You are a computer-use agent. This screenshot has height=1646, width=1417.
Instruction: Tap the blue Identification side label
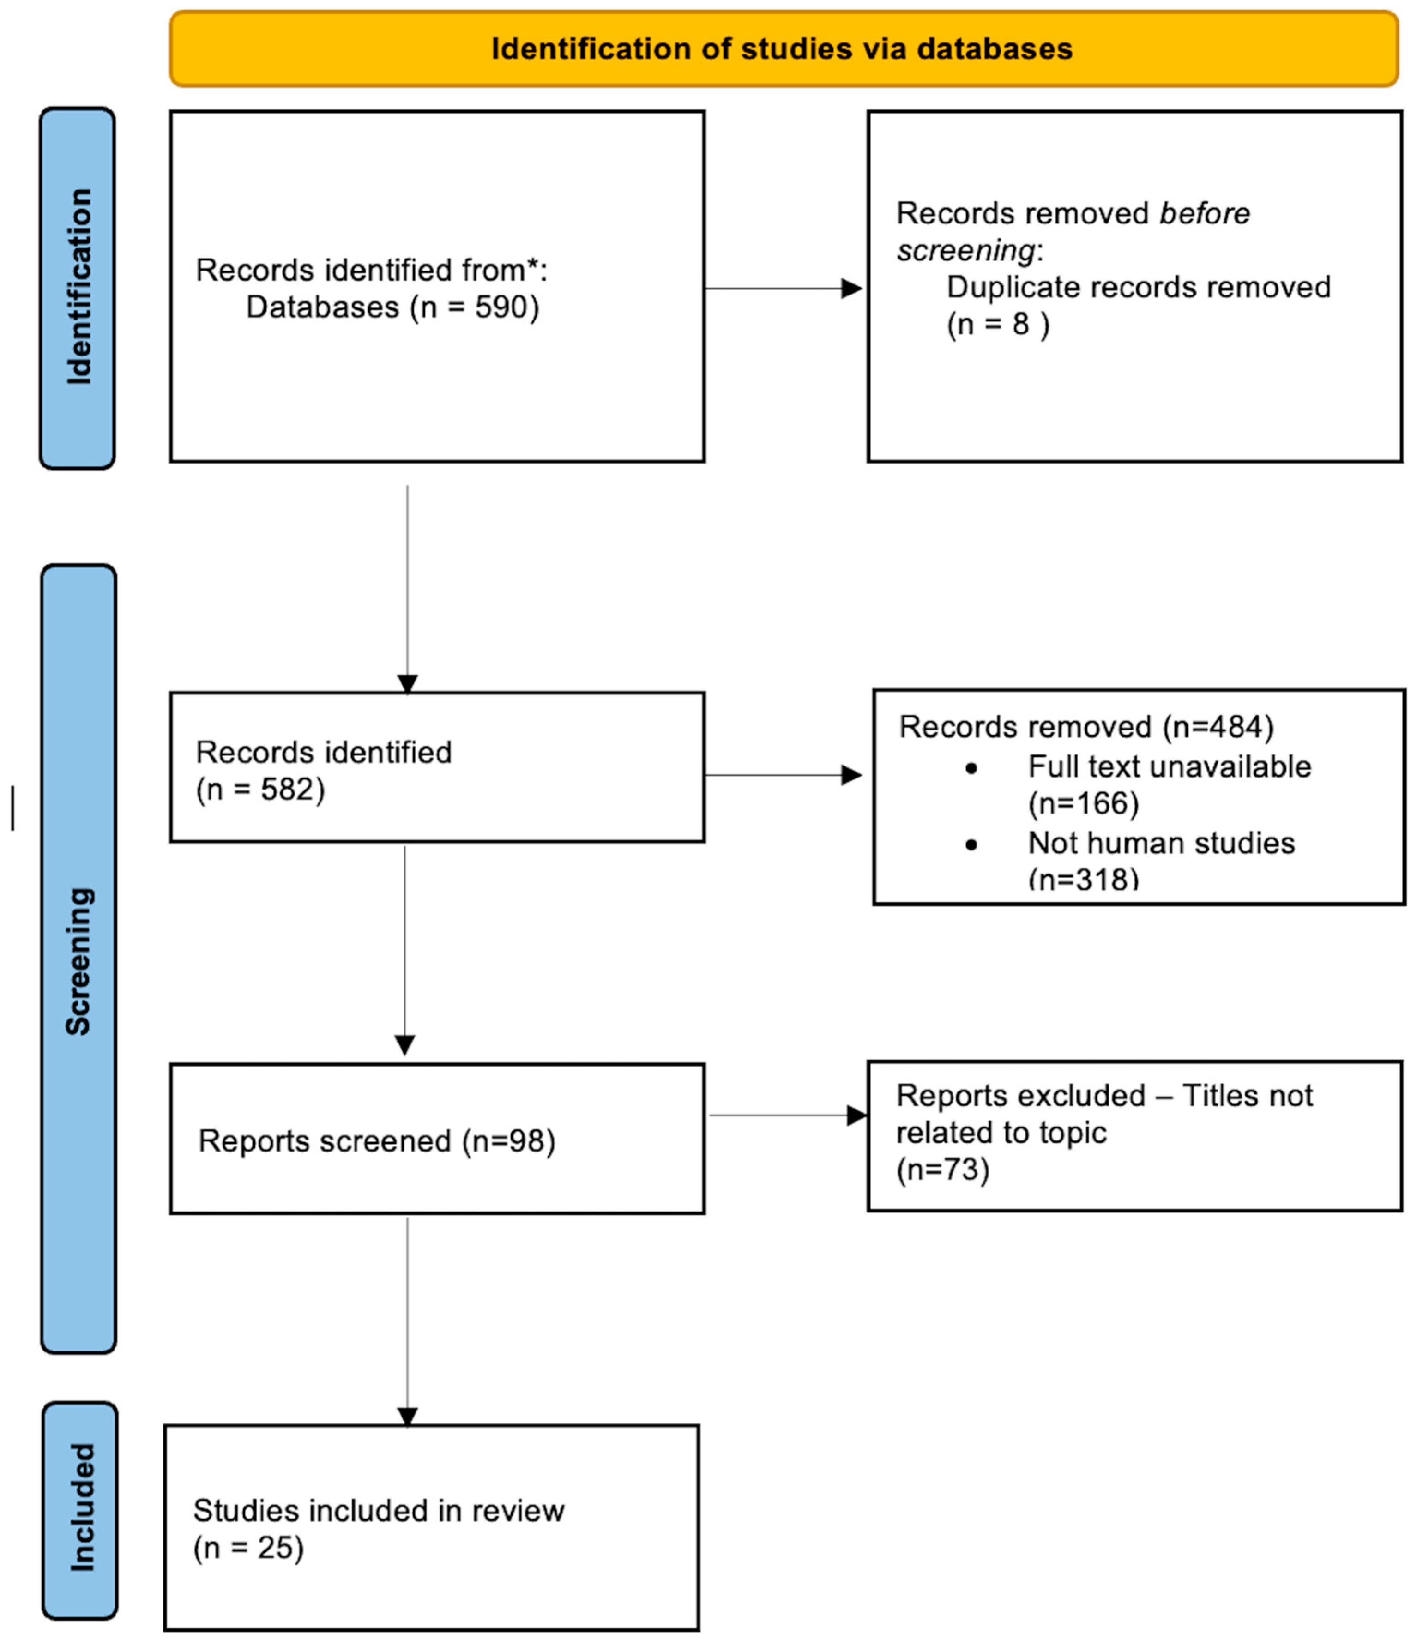click(x=78, y=288)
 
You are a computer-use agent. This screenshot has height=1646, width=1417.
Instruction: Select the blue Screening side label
click(x=78, y=961)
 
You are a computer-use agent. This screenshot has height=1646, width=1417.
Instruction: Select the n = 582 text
click(x=260, y=790)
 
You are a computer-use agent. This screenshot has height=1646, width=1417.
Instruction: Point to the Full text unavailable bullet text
click(x=1169, y=766)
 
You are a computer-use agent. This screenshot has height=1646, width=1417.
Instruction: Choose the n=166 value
click(x=1083, y=804)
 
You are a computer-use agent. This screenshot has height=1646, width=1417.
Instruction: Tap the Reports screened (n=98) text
click(x=376, y=1141)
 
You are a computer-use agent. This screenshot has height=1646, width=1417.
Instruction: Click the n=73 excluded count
click(x=943, y=1170)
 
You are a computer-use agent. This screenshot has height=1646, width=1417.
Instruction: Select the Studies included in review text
click(x=378, y=1511)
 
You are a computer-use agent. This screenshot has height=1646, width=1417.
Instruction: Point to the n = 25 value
click(x=248, y=1548)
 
